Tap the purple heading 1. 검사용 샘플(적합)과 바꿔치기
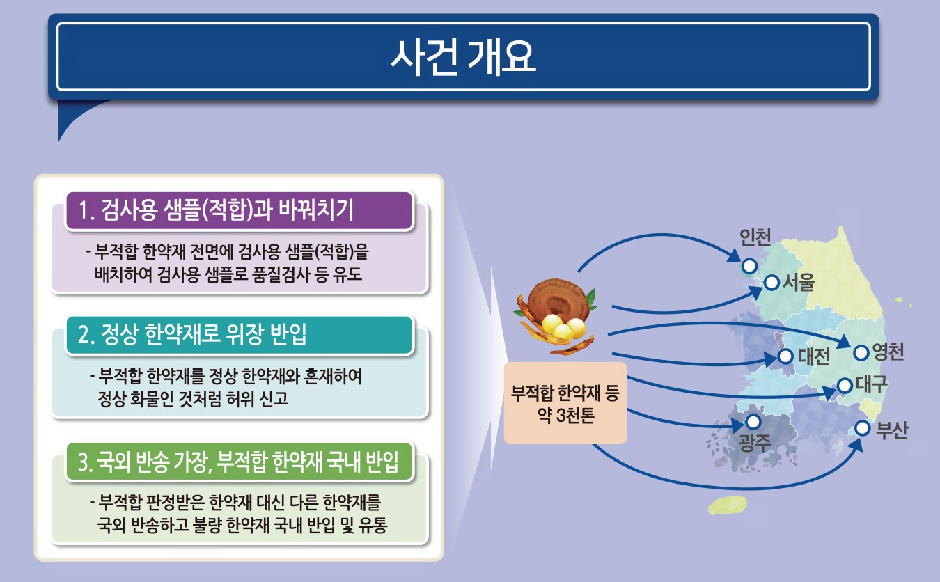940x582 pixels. [x=217, y=210]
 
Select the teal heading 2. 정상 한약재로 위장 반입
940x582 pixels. [x=192, y=334]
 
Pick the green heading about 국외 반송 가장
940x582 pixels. [x=238, y=462]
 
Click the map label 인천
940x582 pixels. [x=755, y=237]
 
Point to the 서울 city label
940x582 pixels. [x=799, y=282]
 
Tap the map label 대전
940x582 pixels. [x=814, y=357]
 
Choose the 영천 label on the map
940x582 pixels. [x=888, y=352]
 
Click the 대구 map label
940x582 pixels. [x=872, y=384]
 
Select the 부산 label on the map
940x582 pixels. [x=892, y=430]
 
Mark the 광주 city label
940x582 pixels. [x=755, y=443]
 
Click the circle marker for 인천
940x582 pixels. [x=749, y=266]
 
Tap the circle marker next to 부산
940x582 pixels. [x=863, y=428]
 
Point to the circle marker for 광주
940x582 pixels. [x=753, y=421]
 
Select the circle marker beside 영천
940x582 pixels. [x=861, y=352]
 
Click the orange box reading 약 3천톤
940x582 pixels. [x=565, y=403]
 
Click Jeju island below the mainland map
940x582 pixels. [x=728, y=505]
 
